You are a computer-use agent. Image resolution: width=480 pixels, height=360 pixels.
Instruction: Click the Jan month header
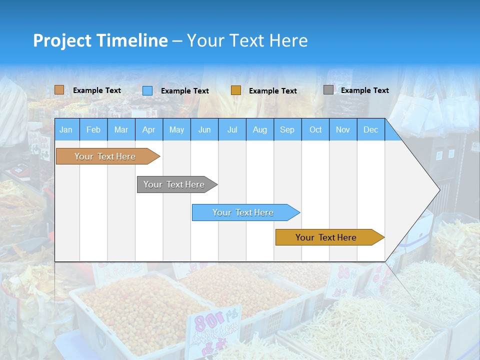(x=66, y=129)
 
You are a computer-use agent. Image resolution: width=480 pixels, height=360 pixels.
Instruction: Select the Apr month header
(x=148, y=129)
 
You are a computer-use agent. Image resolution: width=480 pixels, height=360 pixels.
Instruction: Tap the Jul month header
(x=232, y=129)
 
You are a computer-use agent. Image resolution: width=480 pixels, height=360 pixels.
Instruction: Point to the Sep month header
(x=287, y=129)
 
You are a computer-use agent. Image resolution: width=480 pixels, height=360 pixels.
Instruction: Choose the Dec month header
(x=370, y=129)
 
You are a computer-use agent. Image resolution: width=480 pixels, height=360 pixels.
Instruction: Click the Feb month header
(x=93, y=129)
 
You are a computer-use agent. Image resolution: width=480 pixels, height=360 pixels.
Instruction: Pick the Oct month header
(x=315, y=129)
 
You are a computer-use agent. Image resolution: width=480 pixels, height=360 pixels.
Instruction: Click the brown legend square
(x=59, y=90)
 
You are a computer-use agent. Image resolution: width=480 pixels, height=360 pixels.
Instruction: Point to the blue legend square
(x=147, y=90)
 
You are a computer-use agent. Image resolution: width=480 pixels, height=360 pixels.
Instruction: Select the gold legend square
(x=236, y=90)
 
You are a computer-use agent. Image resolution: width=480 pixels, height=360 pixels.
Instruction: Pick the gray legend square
(x=328, y=90)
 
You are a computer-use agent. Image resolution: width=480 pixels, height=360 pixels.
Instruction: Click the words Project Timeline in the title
(x=100, y=40)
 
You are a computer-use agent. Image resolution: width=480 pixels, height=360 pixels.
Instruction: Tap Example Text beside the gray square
(x=364, y=90)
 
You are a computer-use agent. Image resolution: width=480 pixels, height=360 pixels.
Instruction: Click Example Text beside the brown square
(x=97, y=90)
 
